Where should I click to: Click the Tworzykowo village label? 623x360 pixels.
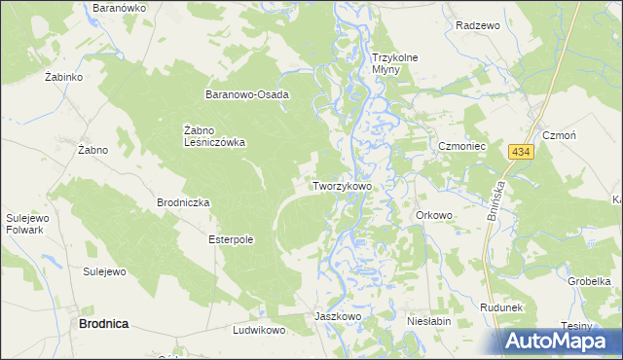click(x=341, y=185)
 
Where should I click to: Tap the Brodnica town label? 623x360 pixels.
click(x=103, y=323)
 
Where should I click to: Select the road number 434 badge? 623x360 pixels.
click(x=521, y=153)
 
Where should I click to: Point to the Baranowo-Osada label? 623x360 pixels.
click(x=246, y=94)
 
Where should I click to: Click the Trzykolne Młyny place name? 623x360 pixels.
click(x=394, y=64)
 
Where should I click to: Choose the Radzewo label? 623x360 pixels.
click(x=477, y=25)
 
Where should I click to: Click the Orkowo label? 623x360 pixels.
click(x=434, y=215)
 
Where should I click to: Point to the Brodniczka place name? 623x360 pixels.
click(x=183, y=202)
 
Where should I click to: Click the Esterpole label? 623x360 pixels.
click(x=231, y=238)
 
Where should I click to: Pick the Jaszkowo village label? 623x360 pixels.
click(x=338, y=317)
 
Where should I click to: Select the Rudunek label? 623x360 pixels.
click(x=502, y=307)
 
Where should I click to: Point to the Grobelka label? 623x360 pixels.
click(x=589, y=280)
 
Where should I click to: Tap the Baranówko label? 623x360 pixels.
click(x=118, y=7)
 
